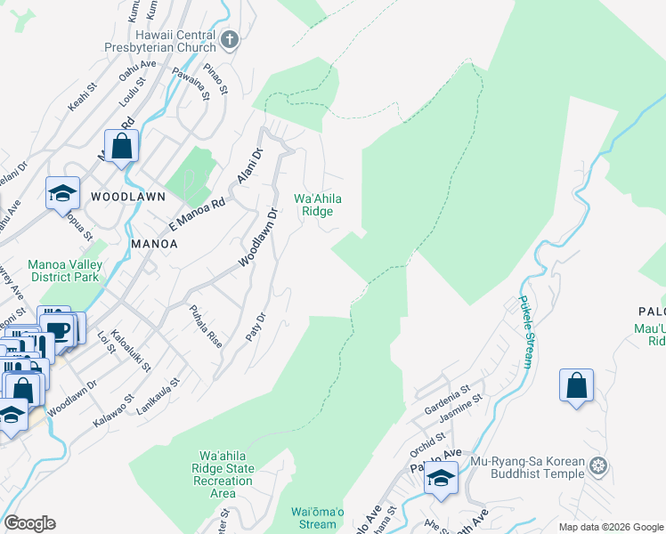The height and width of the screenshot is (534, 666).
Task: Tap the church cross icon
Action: coord(230,39)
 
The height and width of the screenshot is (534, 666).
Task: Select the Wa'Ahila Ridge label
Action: coord(317,206)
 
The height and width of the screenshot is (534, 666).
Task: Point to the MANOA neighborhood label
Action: coord(154,243)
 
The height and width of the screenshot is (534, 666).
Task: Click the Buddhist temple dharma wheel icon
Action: coord(598,465)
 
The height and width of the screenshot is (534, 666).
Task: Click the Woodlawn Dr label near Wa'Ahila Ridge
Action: coord(260,238)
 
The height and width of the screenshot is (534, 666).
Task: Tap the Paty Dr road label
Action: coord(260,328)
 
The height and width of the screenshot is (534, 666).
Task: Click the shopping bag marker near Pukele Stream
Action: coord(576,385)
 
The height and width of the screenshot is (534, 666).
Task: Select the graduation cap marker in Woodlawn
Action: coord(63,193)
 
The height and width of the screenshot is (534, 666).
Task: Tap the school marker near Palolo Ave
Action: coord(441,477)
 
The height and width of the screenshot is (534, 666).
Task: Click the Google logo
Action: coord(29,523)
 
